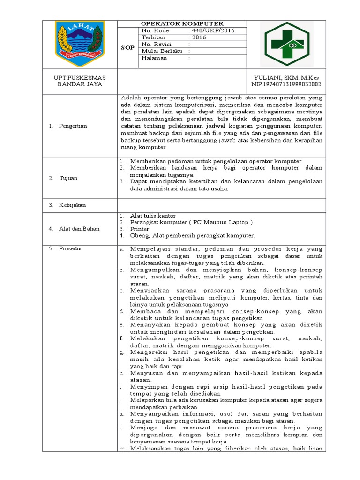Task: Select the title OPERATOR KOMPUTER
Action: click(x=182, y=24)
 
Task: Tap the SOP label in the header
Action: click(x=128, y=48)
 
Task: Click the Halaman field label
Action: click(x=154, y=59)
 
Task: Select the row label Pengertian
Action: click(x=73, y=126)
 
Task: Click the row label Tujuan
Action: click(x=68, y=178)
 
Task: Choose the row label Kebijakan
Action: click(x=72, y=205)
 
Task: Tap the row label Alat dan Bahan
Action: click(x=79, y=229)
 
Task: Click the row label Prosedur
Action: click(x=71, y=248)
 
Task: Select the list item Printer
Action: click(x=140, y=229)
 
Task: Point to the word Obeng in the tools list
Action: click(x=138, y=236)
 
